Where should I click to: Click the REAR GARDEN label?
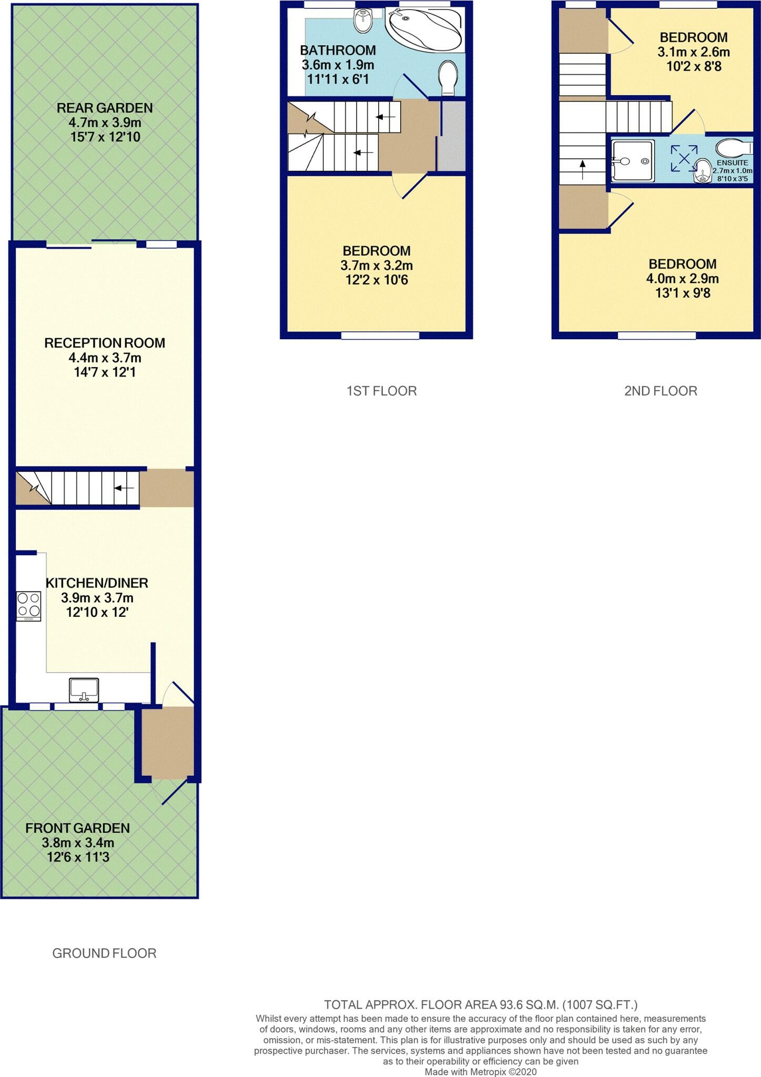click(x=105, y=108)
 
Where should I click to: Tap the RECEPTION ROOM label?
click(x=105, y=343)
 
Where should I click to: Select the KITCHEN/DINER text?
click(x=97, y=583)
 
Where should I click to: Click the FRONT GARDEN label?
click(x=77, y=828)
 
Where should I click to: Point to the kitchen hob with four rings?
click(x=29, y=606)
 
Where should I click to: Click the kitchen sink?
click(x=84, y=689)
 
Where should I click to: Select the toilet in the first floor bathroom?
click(x=448, y=77)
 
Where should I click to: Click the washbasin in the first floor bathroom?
click(x=362, y=20)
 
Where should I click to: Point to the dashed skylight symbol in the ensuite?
click(x=683, y=158)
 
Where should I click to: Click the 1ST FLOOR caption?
click(x=381, y=391)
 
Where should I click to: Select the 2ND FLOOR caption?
click(x=661, y=391)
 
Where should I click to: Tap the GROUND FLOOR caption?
click(x=104, y=953)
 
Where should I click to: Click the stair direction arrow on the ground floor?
click(x=124, y=488)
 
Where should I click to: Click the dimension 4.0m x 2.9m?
click(x=682, y=279)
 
